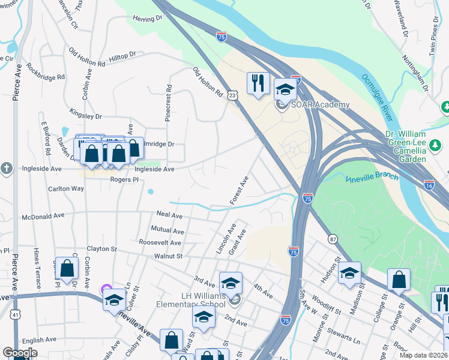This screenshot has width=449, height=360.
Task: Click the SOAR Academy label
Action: click(320, 105)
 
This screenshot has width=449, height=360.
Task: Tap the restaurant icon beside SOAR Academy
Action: click(258, 83)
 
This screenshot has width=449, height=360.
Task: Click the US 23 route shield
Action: click(233, 95)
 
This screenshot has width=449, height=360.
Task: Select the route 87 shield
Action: click(333, 239)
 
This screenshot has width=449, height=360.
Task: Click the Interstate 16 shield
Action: click(429, 185)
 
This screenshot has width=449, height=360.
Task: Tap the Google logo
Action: click(20, 353)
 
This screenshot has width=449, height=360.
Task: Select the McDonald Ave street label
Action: click(43, 216)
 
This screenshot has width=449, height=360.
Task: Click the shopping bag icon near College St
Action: click(399, 280)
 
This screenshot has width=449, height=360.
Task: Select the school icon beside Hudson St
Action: click(349, 273)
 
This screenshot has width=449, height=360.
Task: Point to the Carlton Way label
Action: click(66, 188)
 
